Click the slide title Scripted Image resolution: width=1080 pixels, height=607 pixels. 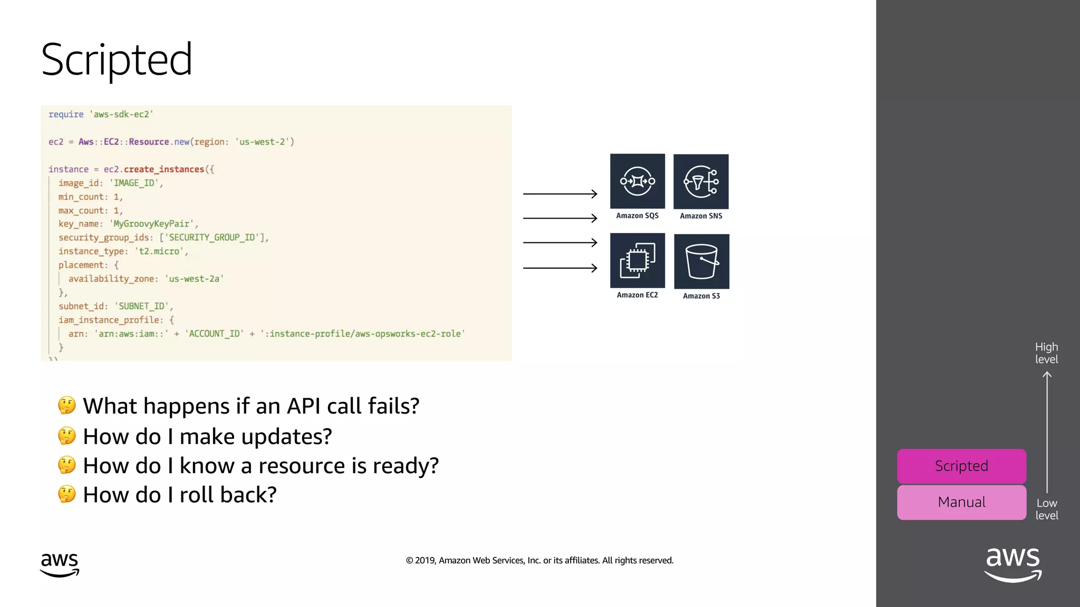pyautogui.click(x=117, y=60)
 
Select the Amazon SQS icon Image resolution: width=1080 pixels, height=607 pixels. pyautogui.click(x=637, y=181)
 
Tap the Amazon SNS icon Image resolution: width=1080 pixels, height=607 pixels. pyautogui.click(x=701, y=182)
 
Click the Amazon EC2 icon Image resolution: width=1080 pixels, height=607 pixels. pyautogui.click(x=637, y=261)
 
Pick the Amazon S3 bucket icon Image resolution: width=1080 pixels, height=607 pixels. pyautogui.click(x=701, y=261)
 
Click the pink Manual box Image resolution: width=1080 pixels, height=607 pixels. pyautogui.click(x=961, y=502)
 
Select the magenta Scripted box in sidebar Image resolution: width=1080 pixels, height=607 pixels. pyautogui.click(x=961, y=466)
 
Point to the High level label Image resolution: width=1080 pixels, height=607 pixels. pyautogui.click(x=1046, y=353)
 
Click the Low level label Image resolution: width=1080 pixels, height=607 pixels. pyautogui.click(x=1047, y=509)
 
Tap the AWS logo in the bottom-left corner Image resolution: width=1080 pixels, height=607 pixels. pyautogui.click(x=60, y=564)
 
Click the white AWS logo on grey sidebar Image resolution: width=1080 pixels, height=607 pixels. pyautogui.click(x=1013, y=564)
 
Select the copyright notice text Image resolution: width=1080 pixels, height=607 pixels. pyautogui.click(x=539, y=561)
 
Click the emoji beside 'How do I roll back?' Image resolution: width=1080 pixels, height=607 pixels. pyautogui.click(x=67, y=494)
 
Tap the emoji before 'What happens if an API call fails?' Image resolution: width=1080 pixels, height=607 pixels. pyautogui.click(x=67, y=405)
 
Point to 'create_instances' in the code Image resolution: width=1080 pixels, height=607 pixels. pyautogui.click(x=164, y=169)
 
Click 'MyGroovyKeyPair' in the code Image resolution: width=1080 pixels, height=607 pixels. pyautogui.click(x=151, y=224)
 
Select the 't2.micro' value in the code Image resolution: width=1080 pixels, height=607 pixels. pyautogui.click(x=159, y=251)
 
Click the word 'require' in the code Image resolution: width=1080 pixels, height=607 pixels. pyautogui.click(x=66, y=114)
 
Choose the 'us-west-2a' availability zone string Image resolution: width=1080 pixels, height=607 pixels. pyautogui.click(x=194, y=279)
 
